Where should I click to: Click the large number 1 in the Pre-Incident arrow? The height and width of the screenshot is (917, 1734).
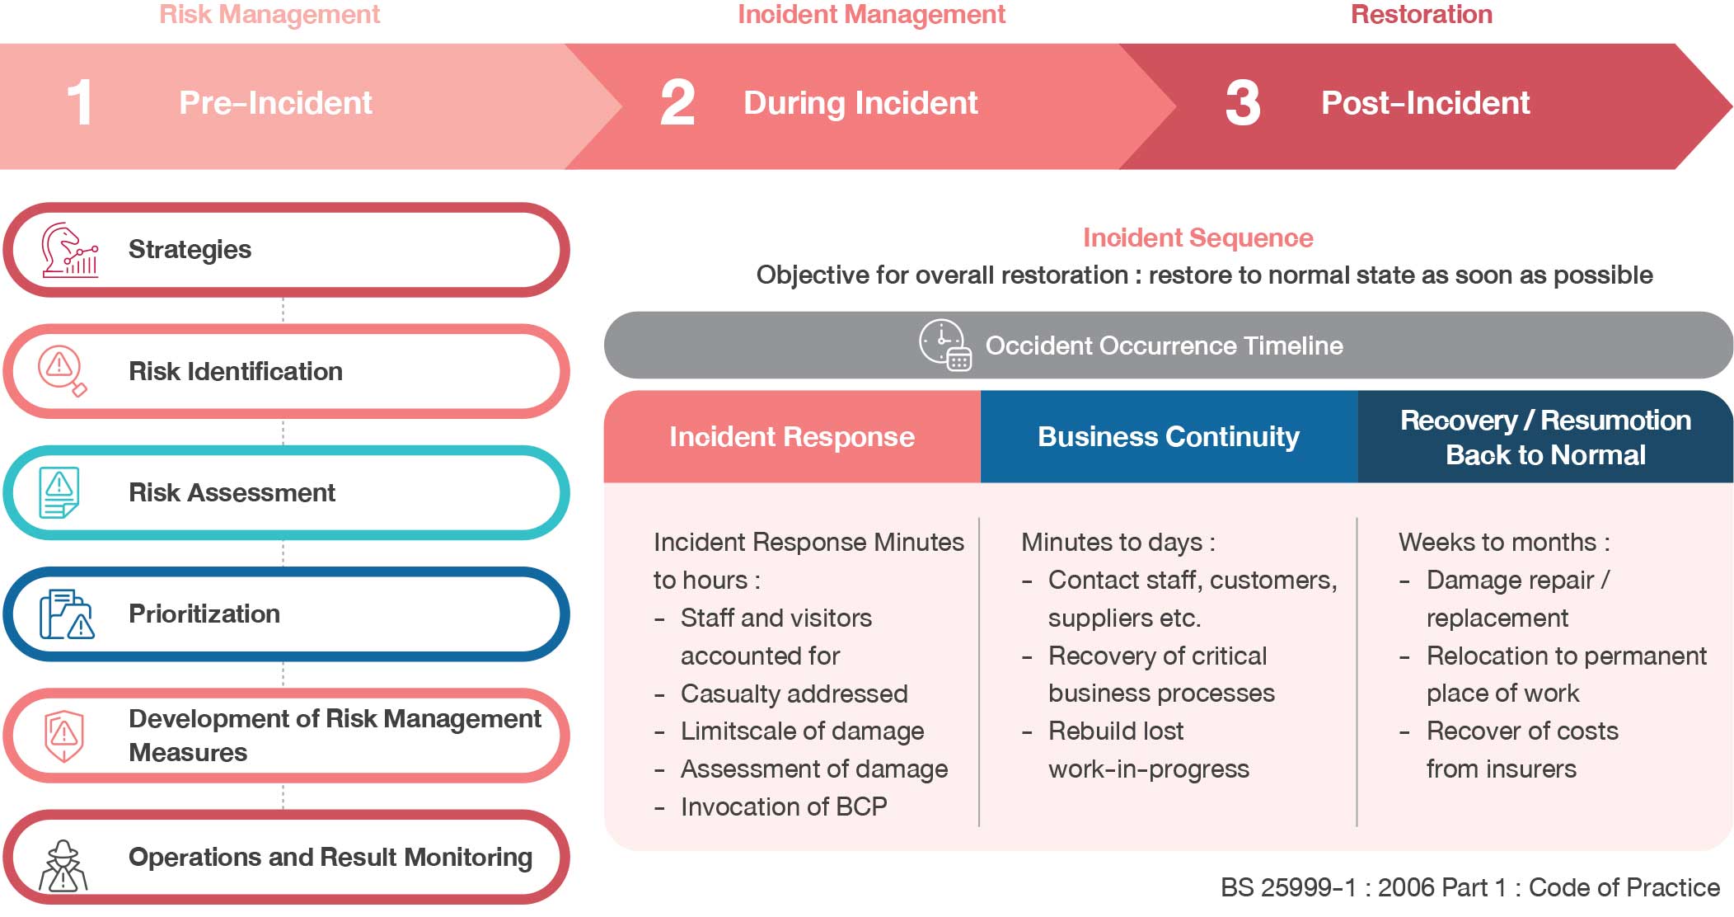click(80, 103)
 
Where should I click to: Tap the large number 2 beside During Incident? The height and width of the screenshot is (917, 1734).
click(677, 103)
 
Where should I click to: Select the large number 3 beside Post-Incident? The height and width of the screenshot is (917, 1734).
click(1243, 103)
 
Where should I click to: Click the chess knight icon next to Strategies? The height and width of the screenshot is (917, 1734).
click(70, 250)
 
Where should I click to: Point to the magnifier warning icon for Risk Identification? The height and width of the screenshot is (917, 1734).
click(63, 371)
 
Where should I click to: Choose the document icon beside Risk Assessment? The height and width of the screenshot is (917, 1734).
click(59, 492)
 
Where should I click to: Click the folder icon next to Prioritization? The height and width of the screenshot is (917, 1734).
click(67, 614)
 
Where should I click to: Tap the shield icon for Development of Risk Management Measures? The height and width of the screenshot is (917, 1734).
click(63, 736)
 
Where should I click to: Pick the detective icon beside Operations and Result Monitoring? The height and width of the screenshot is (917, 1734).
click(63, 866)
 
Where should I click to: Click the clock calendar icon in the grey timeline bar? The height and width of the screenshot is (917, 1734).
click(945, 346)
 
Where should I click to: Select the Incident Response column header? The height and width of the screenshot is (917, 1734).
click(792, 436)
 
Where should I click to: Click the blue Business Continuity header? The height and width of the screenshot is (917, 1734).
click(1169, 436)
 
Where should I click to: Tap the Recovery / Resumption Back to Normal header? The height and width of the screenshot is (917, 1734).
click(1545, 437)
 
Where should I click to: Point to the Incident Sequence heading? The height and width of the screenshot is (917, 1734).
click(1197, 237)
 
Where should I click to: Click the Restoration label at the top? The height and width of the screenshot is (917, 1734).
click(1422, 14)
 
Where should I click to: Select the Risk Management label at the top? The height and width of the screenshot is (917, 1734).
click(269, 14)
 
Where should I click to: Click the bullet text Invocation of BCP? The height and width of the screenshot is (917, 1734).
click(784, 806)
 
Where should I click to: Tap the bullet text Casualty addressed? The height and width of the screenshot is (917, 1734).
click(794, 694)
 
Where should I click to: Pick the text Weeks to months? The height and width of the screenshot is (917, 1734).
click(1497, 542)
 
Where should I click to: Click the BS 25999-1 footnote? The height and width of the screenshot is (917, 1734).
click(1470, 887)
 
